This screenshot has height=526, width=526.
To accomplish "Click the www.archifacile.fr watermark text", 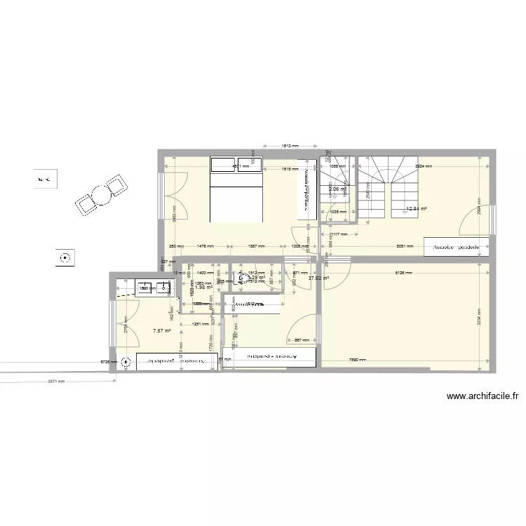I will click(484, 397).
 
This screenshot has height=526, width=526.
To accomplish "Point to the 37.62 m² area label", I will click(319, 278).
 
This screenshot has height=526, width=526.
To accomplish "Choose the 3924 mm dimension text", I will click(423, 167).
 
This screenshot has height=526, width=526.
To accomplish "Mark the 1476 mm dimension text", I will click(205, 247).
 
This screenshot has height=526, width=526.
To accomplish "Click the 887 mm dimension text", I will click(302, 340).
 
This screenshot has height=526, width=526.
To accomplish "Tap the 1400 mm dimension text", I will click(205, 272).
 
